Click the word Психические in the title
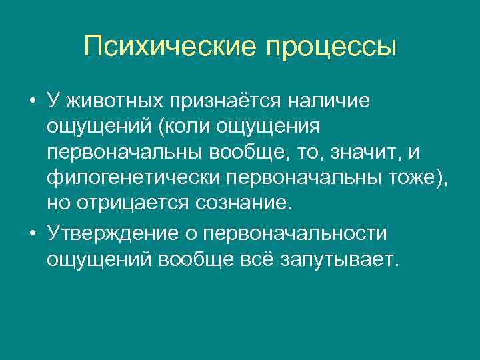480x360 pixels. [x=169, y=47]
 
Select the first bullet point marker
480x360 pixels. [x=32, y=102]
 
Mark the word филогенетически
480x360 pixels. [x=134, y=178]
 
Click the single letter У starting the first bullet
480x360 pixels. [x=53, y=101]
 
